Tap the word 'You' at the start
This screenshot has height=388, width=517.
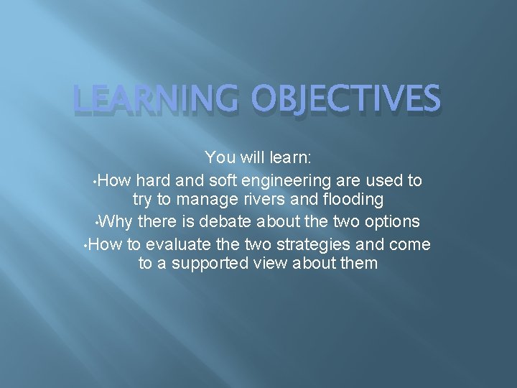click(x=219, y=157)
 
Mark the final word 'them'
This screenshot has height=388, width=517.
click(x=357, y=264)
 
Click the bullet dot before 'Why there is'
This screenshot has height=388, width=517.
click(x=98, y=221)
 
